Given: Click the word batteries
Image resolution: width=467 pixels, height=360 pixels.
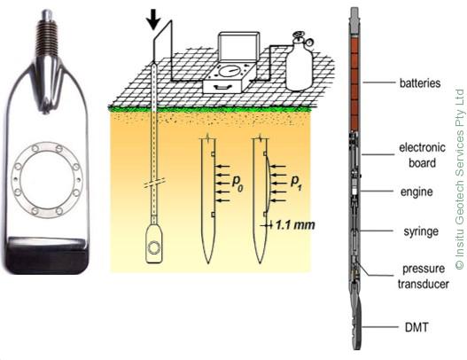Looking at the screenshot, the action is pos(420,82).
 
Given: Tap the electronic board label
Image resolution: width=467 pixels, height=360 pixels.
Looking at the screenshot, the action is pos(423,155).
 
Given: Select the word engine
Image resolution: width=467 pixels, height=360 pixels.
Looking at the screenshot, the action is pos(416,192).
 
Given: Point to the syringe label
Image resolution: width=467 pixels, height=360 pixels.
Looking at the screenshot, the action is pos(421,231).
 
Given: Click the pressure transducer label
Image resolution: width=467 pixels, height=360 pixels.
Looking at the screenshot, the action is pos(424,277).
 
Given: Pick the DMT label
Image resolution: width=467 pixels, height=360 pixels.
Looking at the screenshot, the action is pos(416,327).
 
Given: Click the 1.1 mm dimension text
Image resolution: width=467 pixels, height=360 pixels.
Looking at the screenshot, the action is pos(294,225).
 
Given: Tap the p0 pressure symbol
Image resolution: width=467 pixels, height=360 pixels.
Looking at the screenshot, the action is pos(238,182).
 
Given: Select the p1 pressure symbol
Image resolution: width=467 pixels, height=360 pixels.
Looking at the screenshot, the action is pos(296,182).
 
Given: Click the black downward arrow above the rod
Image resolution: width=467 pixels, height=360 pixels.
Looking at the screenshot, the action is pos(153,20).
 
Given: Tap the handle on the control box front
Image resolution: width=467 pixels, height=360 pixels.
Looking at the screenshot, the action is pos(221,87).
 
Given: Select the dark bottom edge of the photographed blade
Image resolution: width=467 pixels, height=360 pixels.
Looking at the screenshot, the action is pos(45,254).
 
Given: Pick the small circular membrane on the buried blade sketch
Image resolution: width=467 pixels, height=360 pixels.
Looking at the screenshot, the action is pos(154,247).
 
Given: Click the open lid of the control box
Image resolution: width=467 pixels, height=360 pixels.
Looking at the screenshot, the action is pos(237,48).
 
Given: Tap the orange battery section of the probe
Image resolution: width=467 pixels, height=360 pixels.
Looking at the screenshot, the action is pos(354,82).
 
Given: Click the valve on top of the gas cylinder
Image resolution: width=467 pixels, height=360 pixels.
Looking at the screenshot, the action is pos(301,38).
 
